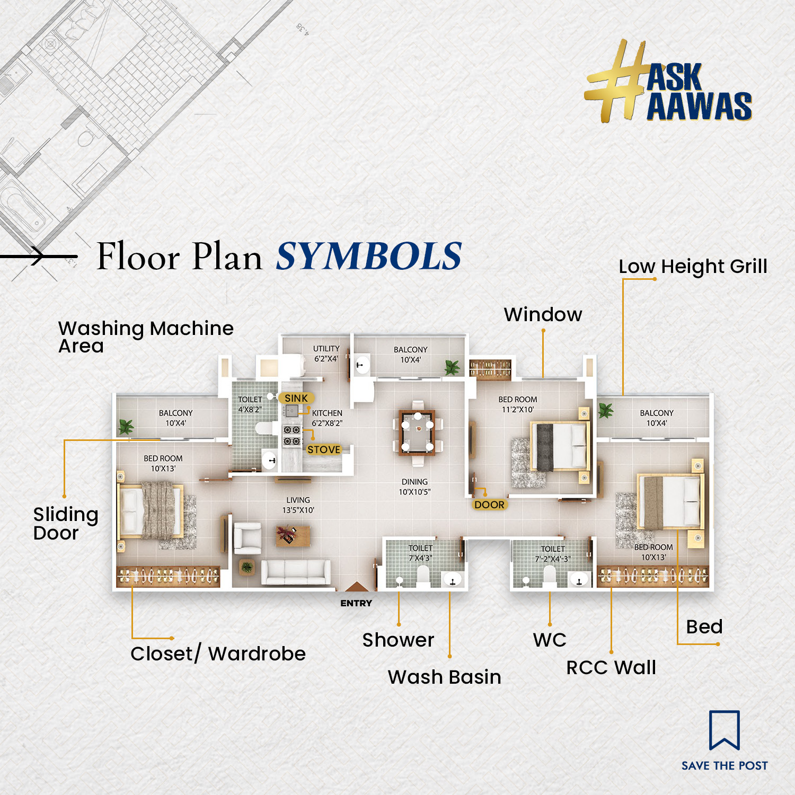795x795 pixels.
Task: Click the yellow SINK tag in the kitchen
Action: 296,398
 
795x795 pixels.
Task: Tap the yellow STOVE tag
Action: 324,449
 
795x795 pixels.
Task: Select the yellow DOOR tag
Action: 489,505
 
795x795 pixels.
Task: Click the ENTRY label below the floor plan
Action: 356,603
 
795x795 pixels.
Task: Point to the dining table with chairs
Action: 418,432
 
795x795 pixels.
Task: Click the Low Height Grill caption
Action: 693,267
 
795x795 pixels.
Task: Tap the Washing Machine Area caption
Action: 146,337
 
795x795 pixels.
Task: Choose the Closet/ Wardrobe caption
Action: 218,653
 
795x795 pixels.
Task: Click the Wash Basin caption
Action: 445,677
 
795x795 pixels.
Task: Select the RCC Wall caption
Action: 611,667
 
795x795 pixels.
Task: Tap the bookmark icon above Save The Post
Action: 725,730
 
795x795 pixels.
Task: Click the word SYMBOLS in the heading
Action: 369,256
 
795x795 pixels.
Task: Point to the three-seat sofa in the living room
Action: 296,572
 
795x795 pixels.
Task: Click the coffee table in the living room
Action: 293,535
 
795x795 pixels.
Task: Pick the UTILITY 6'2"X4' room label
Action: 326,354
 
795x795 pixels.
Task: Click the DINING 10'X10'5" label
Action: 414,487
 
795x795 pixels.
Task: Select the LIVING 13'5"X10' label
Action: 298,505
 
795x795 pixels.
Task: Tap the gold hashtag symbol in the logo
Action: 616,81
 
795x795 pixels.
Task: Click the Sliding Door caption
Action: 66,523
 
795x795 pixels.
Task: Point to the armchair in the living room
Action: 248,538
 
